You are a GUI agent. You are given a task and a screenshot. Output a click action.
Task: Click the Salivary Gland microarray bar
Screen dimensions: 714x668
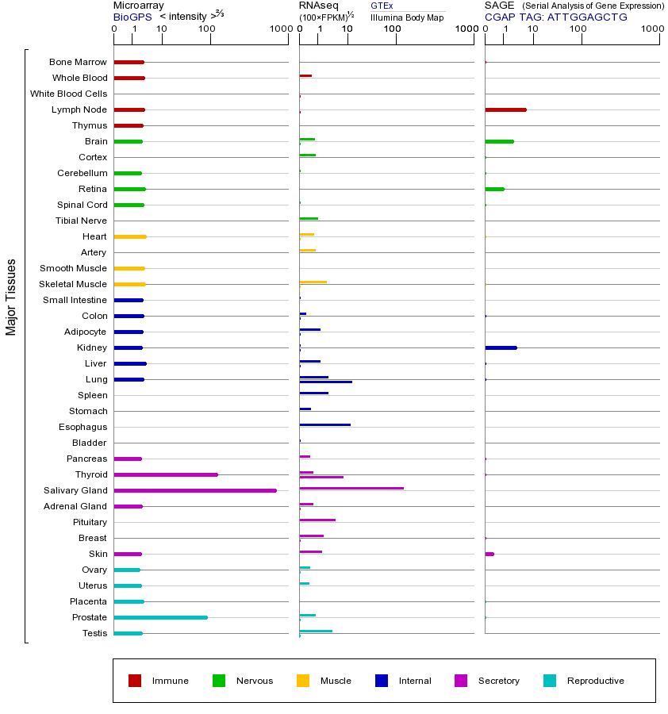tap(195, 490)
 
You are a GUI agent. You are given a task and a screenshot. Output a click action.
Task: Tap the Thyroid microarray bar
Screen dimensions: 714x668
tap(166, 474)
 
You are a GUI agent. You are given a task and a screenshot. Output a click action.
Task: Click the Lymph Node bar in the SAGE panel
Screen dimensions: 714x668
tap(505, 109)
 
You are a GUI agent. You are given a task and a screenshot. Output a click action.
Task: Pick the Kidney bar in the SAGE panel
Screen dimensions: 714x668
tap(501, 347)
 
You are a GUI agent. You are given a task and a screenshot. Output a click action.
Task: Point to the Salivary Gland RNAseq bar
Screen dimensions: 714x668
tap(351, 489)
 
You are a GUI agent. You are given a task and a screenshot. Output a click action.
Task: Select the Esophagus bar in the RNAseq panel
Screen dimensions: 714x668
tap(324, 425)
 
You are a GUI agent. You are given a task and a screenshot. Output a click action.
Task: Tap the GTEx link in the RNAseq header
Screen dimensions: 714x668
tap(382, 6)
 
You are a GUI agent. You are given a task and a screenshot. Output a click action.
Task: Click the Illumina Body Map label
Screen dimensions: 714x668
tap(407, 17)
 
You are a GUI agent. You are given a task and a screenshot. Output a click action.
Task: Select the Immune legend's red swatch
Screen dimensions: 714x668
tap(135, 681)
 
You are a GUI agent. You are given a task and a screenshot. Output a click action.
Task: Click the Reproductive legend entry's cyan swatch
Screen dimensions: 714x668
tap(550, 681)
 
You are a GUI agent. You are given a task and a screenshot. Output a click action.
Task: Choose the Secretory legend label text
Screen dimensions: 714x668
tap(498, 681)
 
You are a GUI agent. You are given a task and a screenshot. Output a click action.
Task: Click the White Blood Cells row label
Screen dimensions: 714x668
tap(68, 94)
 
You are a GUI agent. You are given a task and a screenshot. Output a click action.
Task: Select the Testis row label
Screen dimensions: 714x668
tap(94, 633)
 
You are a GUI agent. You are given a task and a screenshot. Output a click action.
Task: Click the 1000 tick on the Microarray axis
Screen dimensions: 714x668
tap(280, 29)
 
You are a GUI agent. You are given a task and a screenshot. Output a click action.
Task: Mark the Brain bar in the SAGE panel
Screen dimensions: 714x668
tap(499, 141)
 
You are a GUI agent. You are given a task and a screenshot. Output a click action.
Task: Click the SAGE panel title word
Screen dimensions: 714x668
tap(499, 6)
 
